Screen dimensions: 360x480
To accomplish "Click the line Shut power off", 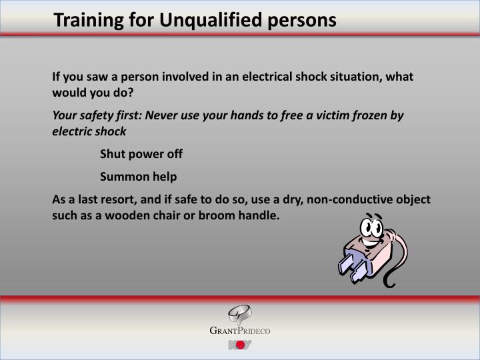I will coord(141,154).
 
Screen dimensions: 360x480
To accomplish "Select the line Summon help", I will coord(139,177).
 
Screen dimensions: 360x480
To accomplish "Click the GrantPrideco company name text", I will coord(240,331).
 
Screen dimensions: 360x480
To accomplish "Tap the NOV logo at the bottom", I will coord(239,345).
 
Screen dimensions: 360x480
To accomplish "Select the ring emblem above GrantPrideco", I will coord(239,314).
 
